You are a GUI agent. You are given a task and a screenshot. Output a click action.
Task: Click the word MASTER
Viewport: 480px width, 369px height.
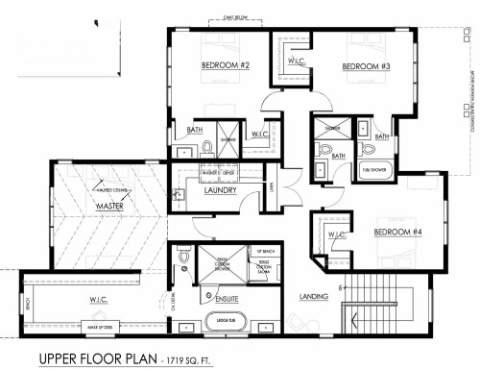click(x=112, y=205)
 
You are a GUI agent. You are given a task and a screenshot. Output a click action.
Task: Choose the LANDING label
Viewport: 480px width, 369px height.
click(x=316, y=296)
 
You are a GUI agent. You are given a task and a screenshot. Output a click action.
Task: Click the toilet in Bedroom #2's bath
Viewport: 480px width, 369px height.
click(x=207, y=149)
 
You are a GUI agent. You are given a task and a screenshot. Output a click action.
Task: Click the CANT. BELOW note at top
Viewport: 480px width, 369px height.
click(x=235, y=16)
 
